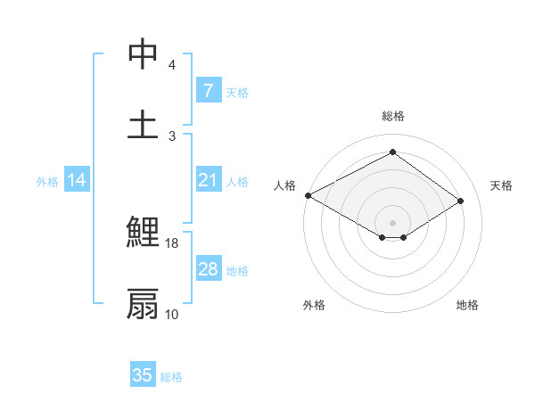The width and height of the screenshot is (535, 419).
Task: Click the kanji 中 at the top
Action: pyautogui.click(x=143, y=54)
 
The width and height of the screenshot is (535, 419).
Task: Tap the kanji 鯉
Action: pyautogui.click(x=143, y=233)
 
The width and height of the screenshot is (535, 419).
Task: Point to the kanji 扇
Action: pyautogui.click(x=143, y=303)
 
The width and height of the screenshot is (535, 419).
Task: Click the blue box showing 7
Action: pyautogui.click(x=208, y=91)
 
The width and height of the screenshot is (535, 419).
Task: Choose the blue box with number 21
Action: pyautogui.click(x=208, y=181)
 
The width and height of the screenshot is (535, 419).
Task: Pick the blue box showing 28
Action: pyautogui.click(x=208, y=269)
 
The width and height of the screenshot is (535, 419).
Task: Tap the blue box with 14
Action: pyautogui.click(x=77, y=181)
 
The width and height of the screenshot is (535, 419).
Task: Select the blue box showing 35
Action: pyautogui.click(x=143, y=375)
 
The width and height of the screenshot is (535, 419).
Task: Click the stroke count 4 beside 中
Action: pyautogui.click(x=172, y=65)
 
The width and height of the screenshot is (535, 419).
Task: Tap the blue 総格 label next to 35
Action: pyautogui.click(x=172, y=376)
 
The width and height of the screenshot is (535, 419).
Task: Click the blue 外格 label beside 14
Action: pyautogui.click(x=47, y=182)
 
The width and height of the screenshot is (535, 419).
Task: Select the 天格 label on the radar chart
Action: pyautogui.click(x=501, y=185)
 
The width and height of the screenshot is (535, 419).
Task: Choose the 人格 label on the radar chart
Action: pyautogui.click(x=284, y=185)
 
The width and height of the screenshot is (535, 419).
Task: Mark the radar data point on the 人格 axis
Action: pyautogui.click(x=308, y=195)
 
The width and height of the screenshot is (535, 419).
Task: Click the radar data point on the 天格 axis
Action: pyautogui.click(x=460, y=201)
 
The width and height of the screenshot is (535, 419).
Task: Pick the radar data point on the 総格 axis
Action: pyautogui.click(x=392, y=152)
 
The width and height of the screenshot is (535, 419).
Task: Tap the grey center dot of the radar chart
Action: pyautogui.click(x=392, y=221)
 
